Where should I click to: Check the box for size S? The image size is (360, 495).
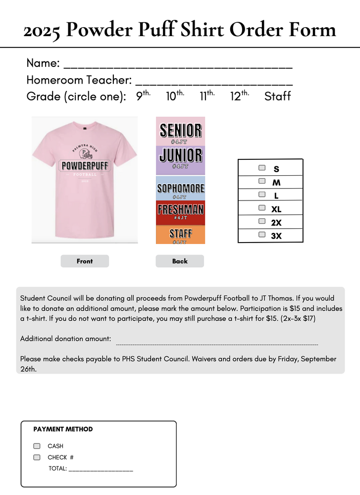[x=262, y=168]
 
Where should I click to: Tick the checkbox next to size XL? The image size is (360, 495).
[x=262, y=208]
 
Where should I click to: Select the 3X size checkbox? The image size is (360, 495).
[x=262, y=235]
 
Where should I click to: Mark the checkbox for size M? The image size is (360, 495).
[x=262, y=182]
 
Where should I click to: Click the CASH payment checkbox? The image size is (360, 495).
[x=37, y=446]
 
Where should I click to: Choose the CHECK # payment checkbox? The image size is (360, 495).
[x=37, y=457]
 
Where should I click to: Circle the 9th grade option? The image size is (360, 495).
[x=143, y=96]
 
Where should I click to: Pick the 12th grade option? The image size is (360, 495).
[x=239, y=96]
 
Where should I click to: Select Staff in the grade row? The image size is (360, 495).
[x=277, y=96]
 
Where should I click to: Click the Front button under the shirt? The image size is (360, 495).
[x=85, y=261]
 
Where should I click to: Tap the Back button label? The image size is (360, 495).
[x=180, y=261]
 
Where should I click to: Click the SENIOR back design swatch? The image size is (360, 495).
[x=180, y=131]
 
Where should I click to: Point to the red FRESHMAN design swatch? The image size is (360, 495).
[x=180, y=212]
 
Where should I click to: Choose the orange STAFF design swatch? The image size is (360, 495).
[x=180, y=235]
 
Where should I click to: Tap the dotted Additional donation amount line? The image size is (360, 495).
[x=217, y=343]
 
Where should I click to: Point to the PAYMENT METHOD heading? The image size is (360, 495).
[x=63, y=429]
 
